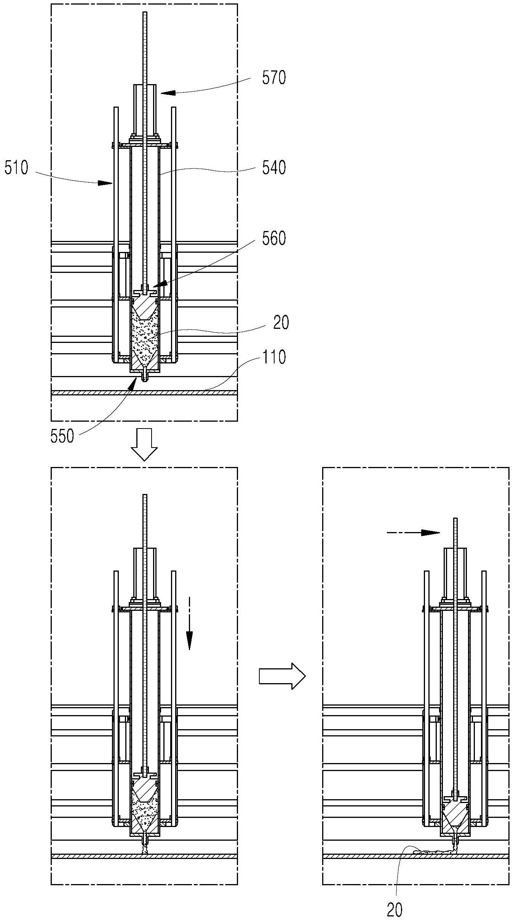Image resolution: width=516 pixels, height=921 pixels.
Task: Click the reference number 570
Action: pos(274,78)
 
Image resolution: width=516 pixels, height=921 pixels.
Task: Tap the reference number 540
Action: pos(274,167)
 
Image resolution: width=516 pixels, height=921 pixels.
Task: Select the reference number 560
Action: pos(274,239)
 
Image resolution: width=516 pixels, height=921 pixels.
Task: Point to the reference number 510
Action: pos(16,168)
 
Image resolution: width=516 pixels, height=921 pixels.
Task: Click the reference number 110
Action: pos(274,357)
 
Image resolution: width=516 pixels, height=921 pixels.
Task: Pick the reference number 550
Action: pos(62,436)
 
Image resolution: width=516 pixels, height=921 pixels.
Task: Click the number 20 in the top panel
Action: pos(281,322)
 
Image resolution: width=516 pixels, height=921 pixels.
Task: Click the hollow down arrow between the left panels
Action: pos(144,445)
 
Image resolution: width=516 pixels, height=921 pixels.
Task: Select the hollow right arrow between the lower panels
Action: pos(282,676)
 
